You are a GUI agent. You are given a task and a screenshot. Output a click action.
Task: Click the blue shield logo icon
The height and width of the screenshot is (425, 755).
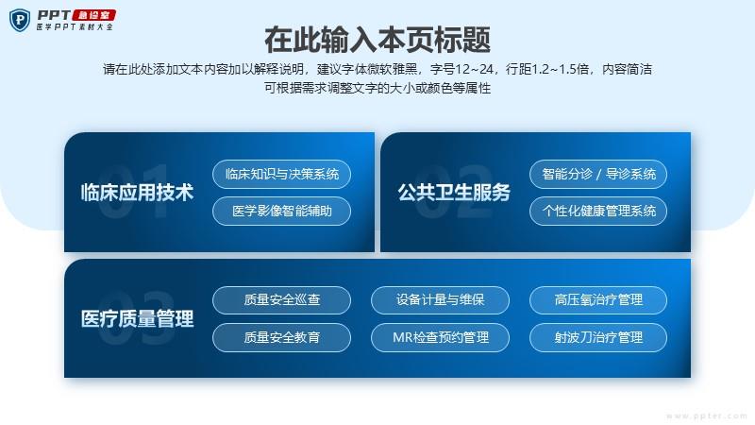pyautogui.click(x=20, y=20)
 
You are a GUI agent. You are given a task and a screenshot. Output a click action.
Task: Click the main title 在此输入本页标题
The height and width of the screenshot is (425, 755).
pyautogui.click(x=377, y=40)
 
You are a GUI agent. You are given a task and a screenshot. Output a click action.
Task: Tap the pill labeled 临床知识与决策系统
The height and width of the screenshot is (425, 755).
pyautogui.click(x=281, y=174)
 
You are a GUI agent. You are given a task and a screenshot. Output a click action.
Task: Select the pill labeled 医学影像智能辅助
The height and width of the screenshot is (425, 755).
pyautogui.click(x=281, y=211)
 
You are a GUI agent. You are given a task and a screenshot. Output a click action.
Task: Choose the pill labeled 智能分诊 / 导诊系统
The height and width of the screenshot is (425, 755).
pyautogui.click(x=598, y=174)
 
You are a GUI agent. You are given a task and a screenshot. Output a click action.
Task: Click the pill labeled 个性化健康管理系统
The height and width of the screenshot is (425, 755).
pyautogui.click(x=598, y=211)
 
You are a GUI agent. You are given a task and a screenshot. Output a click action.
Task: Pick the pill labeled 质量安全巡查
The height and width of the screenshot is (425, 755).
pyautogui.click(x=281, y=300)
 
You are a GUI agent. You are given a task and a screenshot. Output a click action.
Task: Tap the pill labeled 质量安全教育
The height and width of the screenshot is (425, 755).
pyautogui.click(x=281, y=337)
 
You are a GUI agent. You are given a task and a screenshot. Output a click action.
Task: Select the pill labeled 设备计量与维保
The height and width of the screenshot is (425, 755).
pyautogui.click(x=440, y=300)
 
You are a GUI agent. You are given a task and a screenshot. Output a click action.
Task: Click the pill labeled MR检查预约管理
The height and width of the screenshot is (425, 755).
pyautogui.click(x=440, y=337)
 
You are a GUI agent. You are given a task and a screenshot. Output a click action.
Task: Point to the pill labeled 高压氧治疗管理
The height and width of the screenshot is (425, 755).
pyautogui.click(x=598, y=300)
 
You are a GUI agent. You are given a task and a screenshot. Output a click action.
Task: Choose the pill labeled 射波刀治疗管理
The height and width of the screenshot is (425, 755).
pyautogui.click(x=598, y=337)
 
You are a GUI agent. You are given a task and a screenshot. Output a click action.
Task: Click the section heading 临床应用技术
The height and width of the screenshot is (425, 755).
pyautogui.click(x=137, y=193)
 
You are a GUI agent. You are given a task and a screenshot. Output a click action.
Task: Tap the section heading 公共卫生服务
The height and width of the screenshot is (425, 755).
pyautogui.click(x=454, y=193)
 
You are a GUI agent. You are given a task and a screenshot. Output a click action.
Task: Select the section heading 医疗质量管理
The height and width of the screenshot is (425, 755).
pyautogui.click(x=137, y=319)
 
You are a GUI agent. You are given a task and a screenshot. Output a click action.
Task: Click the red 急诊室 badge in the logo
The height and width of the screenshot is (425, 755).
pyautogui.click(x=94, y=15)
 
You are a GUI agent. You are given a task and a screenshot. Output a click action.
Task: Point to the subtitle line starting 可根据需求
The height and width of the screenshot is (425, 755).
pyautogui.click(x=377, y=88)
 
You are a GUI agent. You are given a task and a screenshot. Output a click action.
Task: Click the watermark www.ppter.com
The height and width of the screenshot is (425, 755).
pyautogui.click(x=707, y=416)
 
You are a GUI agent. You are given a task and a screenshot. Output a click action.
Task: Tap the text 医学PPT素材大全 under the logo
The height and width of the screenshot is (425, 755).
pyautogui.click(x=75, y=27)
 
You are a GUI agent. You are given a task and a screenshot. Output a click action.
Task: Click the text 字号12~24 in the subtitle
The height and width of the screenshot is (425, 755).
pyautogui.click(x=462, y=69)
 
